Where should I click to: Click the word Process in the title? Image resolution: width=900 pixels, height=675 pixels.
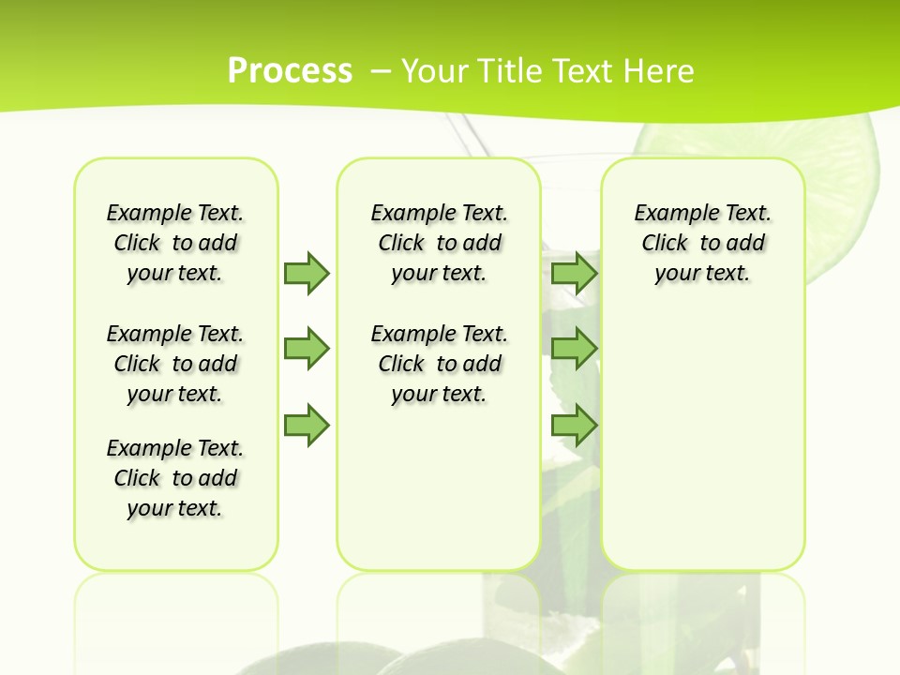click(x=290, y=71)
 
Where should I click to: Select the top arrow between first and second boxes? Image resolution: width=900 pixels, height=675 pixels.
click(x=307, y=273)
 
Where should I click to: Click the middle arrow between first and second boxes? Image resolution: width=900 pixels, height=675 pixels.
click(x=307, y=349)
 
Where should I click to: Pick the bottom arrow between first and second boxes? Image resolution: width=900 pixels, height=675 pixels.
click(x=307, y=426)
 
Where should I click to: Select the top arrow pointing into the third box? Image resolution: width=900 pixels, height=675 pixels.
click(x=574, y=273)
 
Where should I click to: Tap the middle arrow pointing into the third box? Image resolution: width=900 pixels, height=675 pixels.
click(x=574, y=349)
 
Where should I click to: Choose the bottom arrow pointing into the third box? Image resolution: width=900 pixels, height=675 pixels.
click(x=574, y=426)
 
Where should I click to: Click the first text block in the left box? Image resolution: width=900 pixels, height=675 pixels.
click(x=175, y=243)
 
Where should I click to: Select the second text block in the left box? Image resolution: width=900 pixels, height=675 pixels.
click(x=175, y=364)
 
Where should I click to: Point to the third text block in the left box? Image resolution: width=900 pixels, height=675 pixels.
click(x=175, y=478)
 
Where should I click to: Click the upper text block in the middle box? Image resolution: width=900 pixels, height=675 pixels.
click(x=439, y=243)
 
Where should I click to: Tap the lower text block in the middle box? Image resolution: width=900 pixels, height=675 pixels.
click(x=439, y=364)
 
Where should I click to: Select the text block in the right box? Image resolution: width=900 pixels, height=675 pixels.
click(x=702, y=243)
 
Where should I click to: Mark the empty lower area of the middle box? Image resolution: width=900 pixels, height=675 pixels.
click(x=439, y=487)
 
